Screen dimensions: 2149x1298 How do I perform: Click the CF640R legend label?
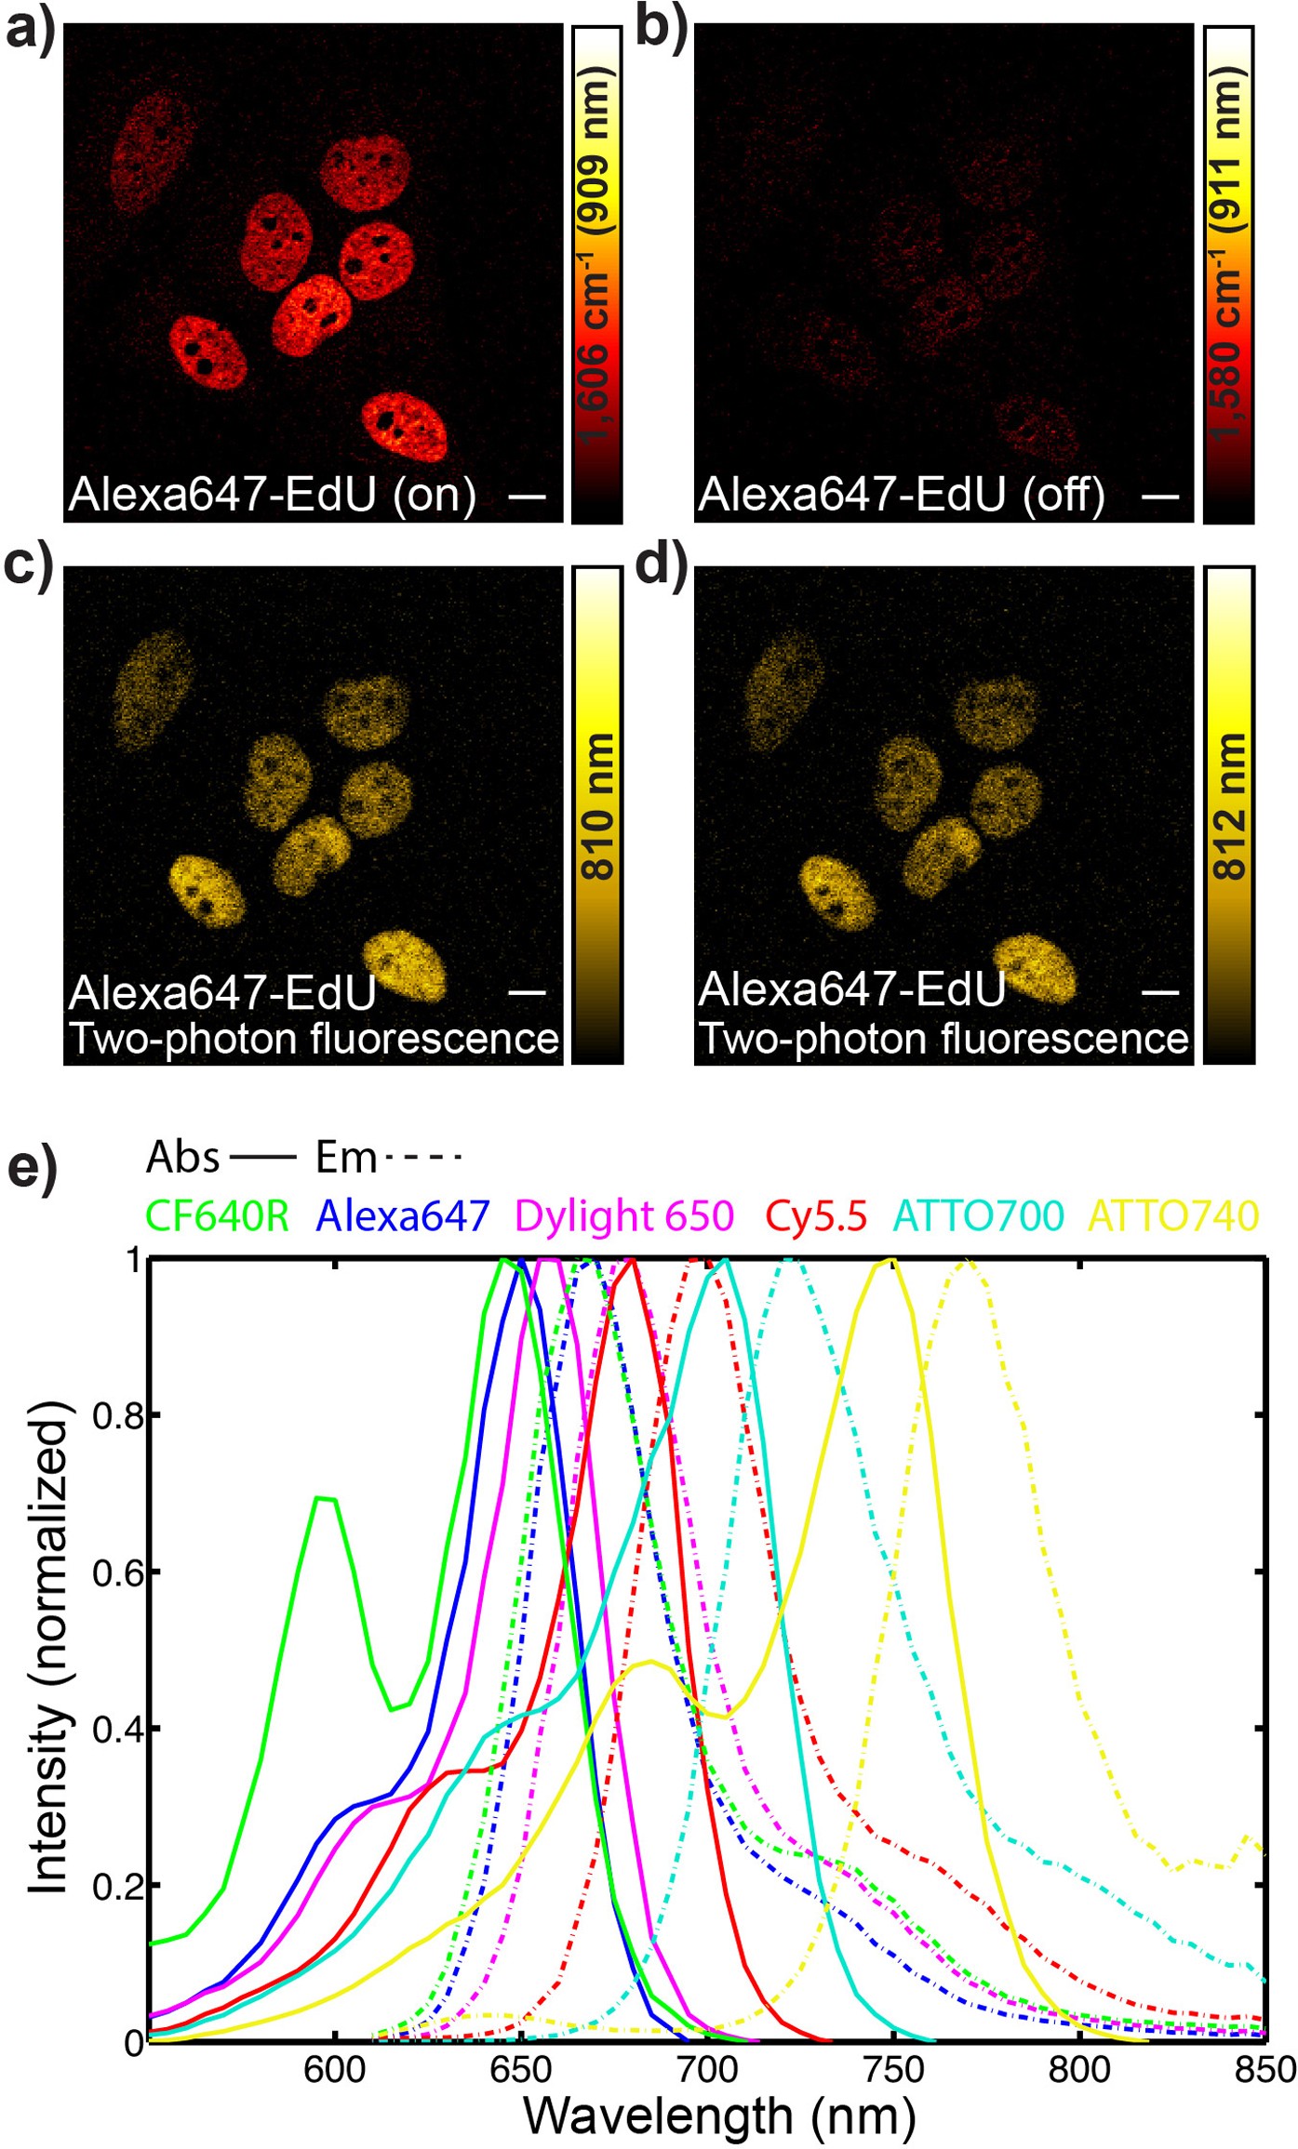pos(217,1215)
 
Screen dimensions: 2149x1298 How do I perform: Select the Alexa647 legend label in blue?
pos(403,1215)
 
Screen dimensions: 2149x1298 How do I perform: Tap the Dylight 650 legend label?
pos(623,1215)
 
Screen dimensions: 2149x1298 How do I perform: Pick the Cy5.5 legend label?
pos(816,1215)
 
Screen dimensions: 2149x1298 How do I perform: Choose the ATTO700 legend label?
pos(978,1215)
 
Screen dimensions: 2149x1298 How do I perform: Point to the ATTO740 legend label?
pos(1173,1215)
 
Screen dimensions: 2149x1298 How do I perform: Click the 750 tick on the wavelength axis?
pos(892,2070)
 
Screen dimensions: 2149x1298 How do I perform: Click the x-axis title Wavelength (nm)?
pos(719,2117)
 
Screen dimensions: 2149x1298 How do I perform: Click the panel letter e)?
pos(32,1167)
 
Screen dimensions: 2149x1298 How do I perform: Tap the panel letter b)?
pos(662,28)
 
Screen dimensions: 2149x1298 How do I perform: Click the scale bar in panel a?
pos(527,496)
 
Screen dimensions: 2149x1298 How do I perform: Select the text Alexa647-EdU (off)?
pos(901,495)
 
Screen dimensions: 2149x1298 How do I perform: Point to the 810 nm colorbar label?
pos(597,806)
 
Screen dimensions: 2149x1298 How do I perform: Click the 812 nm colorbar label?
pos(1230,806)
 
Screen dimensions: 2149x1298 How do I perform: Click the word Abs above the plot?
pos(182,1159)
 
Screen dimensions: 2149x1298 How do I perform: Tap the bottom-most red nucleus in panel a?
pos(404,427)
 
